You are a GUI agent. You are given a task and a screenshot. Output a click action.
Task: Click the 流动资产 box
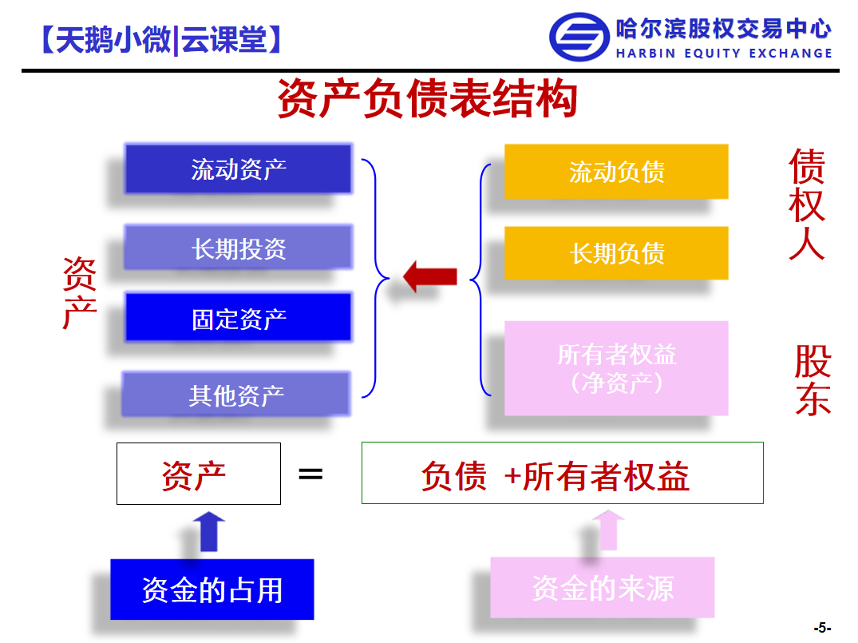[238, 169]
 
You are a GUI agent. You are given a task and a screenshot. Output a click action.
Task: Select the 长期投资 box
[238, 247]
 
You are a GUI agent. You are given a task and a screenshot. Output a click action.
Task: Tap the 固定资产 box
[238, 317]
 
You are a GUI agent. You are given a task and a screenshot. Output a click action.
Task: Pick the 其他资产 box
[235, 394]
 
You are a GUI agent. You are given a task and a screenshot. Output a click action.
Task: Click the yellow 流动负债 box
[616, 172]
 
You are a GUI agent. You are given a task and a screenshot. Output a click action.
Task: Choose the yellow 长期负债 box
[616, 253]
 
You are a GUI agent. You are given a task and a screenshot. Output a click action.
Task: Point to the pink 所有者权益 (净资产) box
[616, 368]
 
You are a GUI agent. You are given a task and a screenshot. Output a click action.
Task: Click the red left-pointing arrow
[430, 276]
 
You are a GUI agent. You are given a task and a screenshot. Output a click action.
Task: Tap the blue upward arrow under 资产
[209, 531]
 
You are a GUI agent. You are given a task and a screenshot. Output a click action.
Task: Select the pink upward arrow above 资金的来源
[608, 530]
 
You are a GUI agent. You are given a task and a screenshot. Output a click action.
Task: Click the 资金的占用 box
[212, 589]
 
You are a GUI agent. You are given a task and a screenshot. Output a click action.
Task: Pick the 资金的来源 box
[603, 588]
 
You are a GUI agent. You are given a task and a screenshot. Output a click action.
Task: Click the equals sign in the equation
[310, 474]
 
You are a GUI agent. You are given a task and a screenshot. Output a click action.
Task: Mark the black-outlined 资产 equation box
[199, 473]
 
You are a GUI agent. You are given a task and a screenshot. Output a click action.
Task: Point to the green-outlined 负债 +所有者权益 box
[563, 473]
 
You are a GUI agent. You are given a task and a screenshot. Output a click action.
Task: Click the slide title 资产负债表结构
[428, 98]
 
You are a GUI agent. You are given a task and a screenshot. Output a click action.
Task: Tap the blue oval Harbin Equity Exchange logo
[579, 38]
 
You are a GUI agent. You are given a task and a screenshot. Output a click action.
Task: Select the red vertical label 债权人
[807, 204]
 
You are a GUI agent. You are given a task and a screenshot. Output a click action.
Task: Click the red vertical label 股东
[813, 380]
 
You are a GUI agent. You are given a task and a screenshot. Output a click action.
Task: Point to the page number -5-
[822, 628]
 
